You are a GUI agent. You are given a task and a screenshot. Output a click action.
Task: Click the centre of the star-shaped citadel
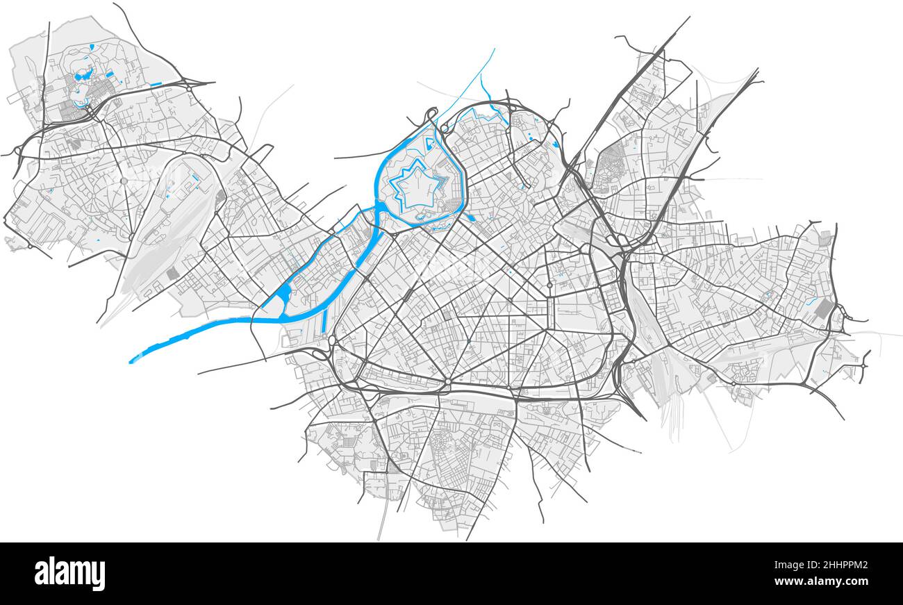(414, 185)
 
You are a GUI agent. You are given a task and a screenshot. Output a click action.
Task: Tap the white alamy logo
(70, 574)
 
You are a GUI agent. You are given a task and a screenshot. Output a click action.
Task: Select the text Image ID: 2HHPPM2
(821, 566)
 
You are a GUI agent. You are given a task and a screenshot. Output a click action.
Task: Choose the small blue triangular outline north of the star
(429, 144)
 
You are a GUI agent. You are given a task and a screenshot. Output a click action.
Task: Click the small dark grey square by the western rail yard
(172, 274)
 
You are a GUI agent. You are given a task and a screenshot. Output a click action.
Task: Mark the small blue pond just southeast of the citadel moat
(471, 217)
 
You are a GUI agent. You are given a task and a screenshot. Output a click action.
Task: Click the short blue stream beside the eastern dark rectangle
(810, 301)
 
